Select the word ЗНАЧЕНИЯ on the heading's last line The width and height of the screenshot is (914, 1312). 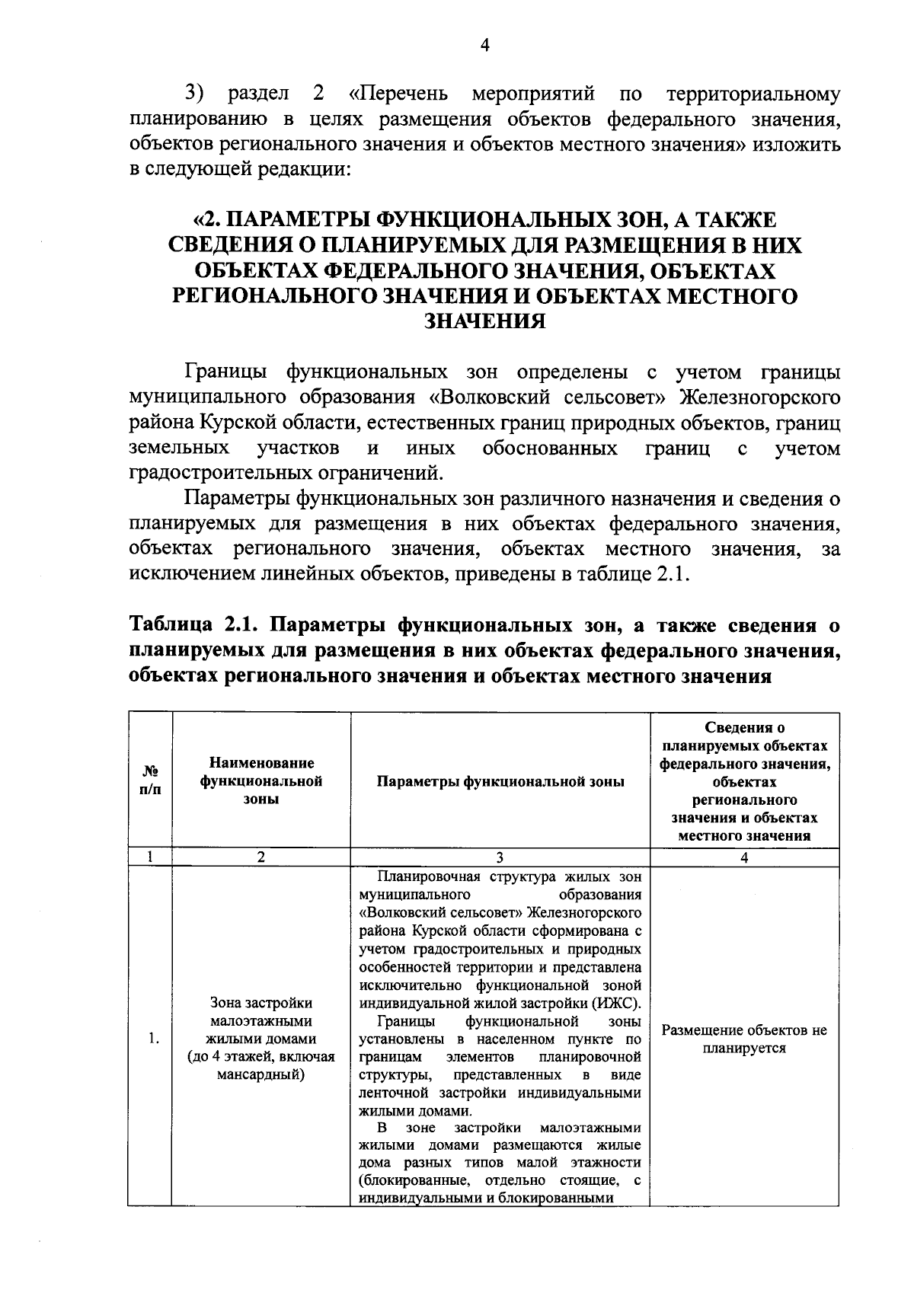click(x=484, y=321)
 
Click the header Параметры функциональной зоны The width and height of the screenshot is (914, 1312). click(x=500, y=781)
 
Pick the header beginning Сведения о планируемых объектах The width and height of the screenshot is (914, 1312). click(x=744, y=781)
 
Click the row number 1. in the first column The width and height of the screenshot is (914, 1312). click(x=153, y=1039)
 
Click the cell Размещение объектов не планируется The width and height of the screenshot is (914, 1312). click(x=744, y=1039)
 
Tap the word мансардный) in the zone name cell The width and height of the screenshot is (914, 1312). click(x=261, y=1074)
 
